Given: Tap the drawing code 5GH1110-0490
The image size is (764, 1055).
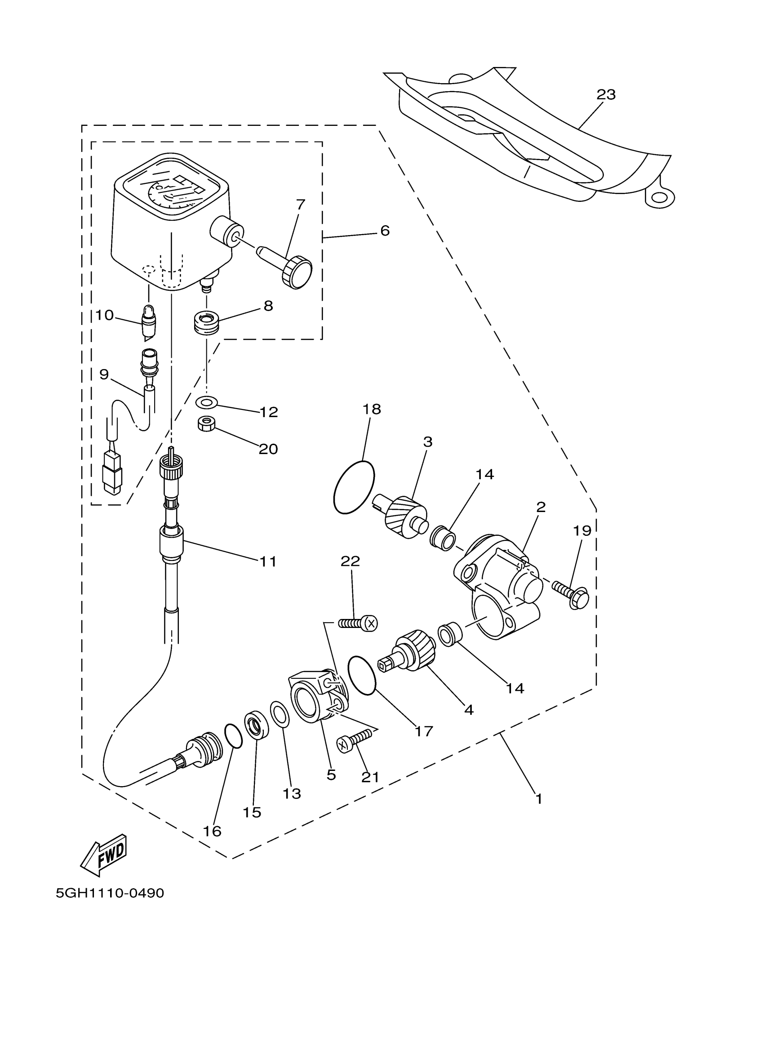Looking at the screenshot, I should (x=110, y=894).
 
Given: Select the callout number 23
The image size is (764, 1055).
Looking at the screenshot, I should (x=606, y=94).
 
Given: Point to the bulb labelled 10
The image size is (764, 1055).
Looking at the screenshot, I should (x=149, y=321).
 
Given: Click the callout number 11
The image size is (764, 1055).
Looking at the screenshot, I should (x=268, y=561).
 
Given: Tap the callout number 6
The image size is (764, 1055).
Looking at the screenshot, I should (x=385, y=231).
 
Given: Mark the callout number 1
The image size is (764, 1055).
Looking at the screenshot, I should (x=538, y=799).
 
